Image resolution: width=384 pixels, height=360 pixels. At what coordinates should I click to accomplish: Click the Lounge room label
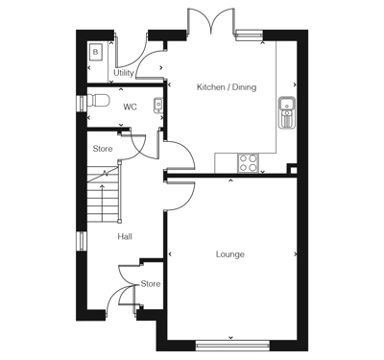(x=229, y=254)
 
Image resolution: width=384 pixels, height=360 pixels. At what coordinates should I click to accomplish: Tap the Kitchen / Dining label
(x=227, y=87)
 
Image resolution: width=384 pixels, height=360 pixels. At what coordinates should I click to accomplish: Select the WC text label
(x=130, y=107)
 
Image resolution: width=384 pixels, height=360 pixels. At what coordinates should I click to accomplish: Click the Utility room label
(x=124, y=73)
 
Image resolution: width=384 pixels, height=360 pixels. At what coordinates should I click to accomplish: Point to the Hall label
(x=125, y=236)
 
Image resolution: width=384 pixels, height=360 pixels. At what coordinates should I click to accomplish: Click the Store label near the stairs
(x=103, y=149)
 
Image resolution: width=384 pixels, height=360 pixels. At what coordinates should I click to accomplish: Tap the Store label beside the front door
(x=151, y=284)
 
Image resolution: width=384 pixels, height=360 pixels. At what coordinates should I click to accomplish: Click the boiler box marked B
(x=95, y=51)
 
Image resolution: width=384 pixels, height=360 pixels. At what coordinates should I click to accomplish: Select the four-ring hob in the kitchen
(x=247, y=162)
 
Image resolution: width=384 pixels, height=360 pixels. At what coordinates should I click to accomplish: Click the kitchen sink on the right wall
(x=285, y=111)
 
